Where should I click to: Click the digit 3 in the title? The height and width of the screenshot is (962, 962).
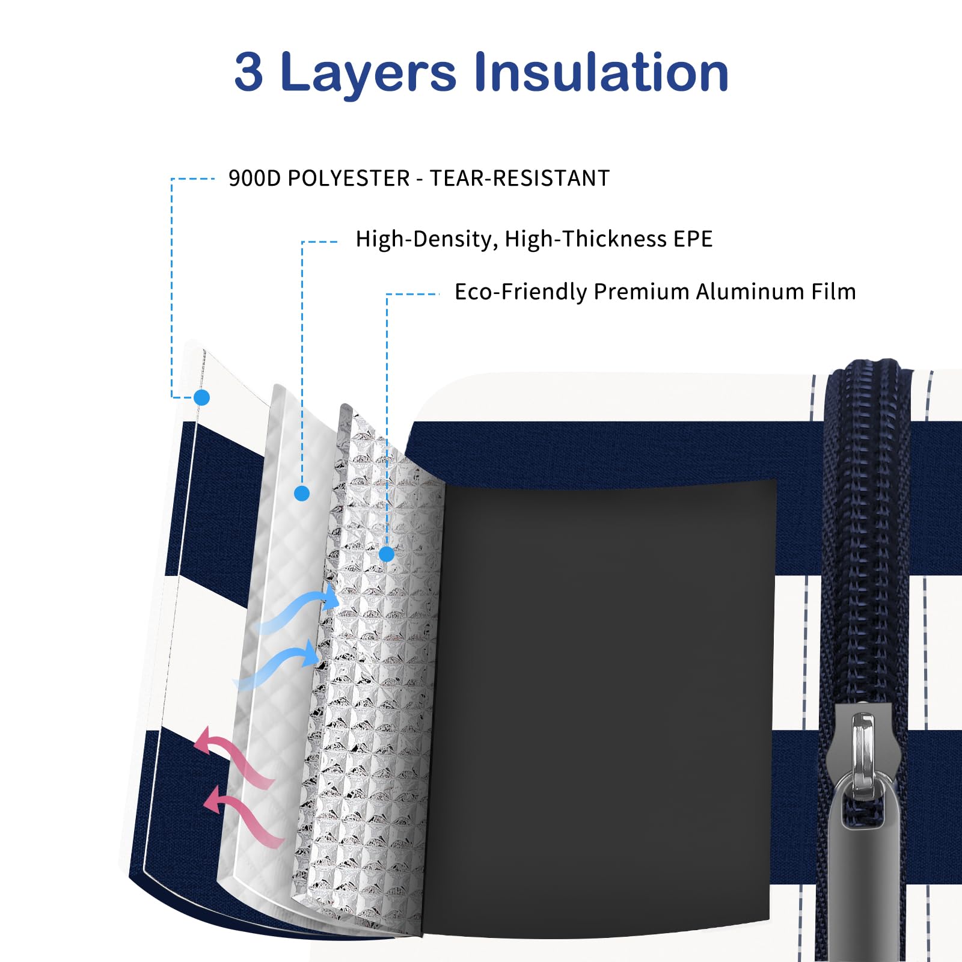tap(248, 72)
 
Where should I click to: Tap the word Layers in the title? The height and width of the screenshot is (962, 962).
tap(369, 75)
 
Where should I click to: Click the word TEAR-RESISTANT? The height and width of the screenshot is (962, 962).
tap(519, 178)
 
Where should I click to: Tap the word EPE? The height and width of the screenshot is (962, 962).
tap(693, 239)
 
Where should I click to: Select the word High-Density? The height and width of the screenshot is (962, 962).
tap(427, 239)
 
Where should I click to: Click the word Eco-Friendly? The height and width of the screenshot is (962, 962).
tap(521, 292)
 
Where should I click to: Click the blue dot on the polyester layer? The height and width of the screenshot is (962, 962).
tap(202, 397)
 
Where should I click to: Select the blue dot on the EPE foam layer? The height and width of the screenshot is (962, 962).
tap(302, 494)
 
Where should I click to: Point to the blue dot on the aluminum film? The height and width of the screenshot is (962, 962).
tap(387, 554)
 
